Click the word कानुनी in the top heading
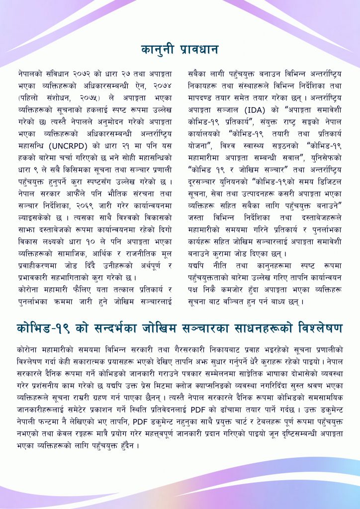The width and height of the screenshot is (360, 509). pos(158,50)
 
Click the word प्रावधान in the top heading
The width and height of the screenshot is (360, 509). pos(198,50)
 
